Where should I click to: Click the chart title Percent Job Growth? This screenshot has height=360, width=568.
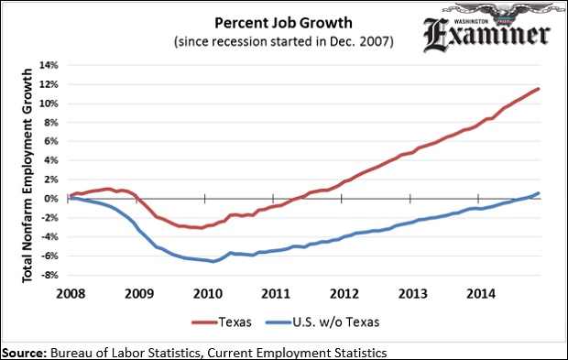[x=279, y=22]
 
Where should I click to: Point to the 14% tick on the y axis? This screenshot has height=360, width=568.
[x=48, y=66]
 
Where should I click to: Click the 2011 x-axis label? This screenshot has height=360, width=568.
[x=275, y=294]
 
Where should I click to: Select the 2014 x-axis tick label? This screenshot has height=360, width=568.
[x=479, y=294]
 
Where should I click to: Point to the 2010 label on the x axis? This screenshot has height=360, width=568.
[x=207, y=294]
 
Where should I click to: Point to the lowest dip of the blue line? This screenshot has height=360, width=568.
[x=213, y=261]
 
